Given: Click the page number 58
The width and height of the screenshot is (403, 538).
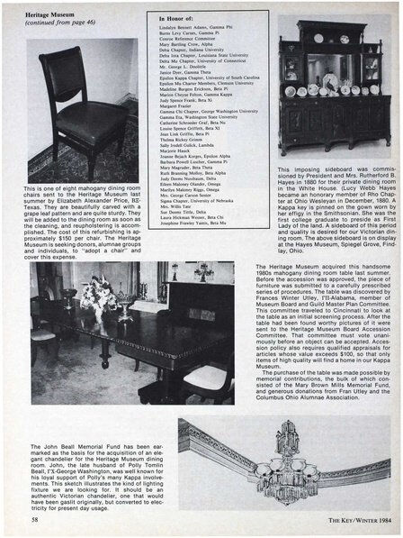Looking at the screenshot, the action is (32, 520).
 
